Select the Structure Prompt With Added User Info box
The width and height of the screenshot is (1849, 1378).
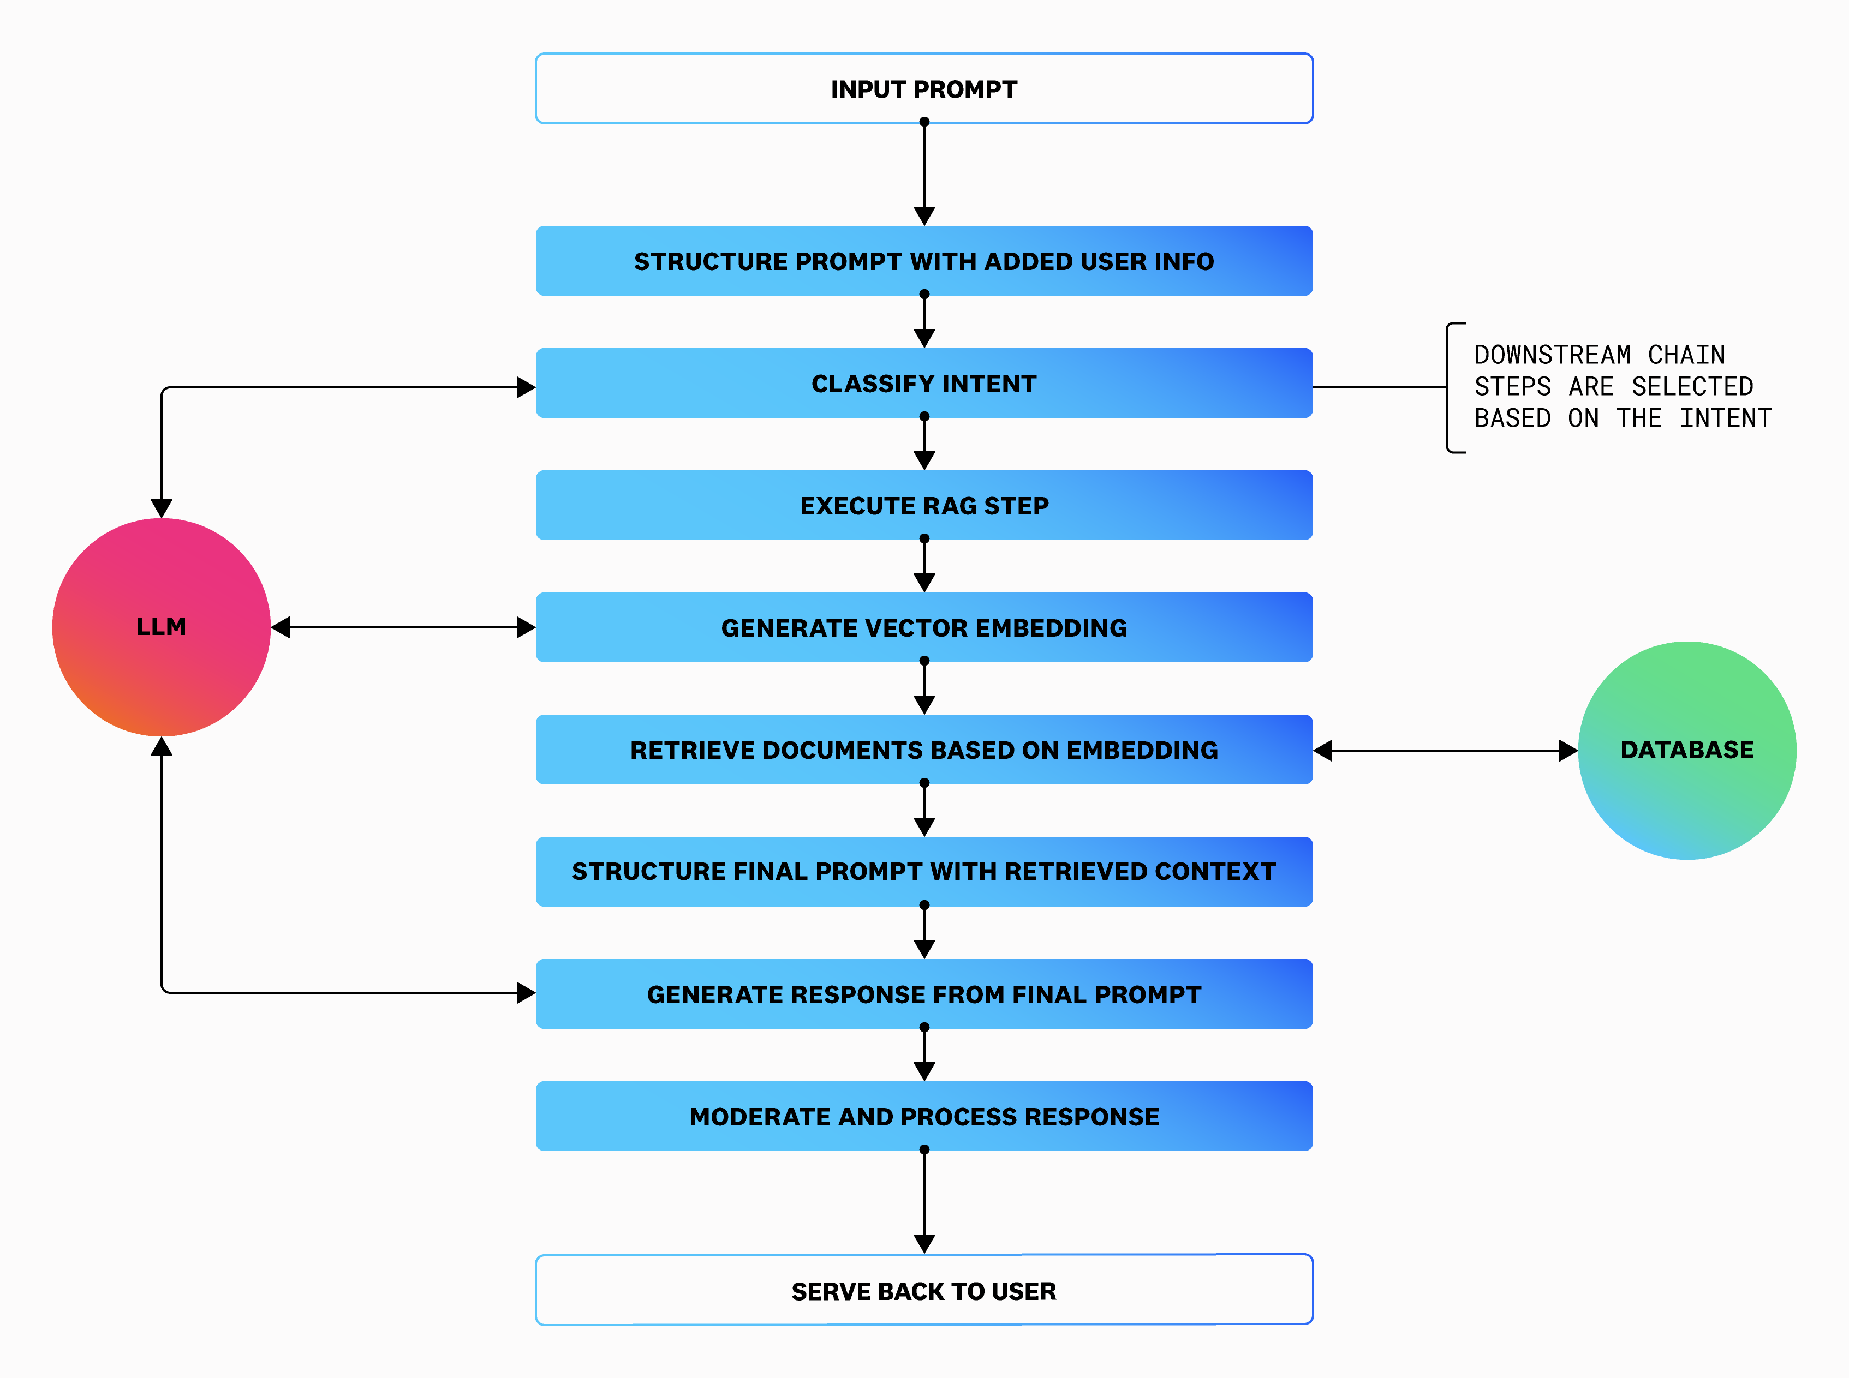tap(923, 261)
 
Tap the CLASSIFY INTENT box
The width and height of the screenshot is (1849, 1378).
tap(923, 384)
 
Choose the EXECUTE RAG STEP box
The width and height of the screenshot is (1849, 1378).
tap(923, 506)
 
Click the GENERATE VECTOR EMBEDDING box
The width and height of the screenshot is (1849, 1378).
tap(923, 627)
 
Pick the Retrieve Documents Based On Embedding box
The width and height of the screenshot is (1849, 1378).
tap(923, 750)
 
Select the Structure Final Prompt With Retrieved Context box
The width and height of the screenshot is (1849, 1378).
tap(923, 872)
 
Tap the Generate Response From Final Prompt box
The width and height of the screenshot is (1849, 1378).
tap(923, 994)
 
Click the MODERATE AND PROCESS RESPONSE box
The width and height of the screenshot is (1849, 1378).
tap(923, 1116)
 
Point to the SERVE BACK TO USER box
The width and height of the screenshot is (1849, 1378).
tap(923, 1290)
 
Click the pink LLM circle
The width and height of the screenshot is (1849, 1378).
tap(161, 626)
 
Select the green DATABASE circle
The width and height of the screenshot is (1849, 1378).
tap(1686, 750)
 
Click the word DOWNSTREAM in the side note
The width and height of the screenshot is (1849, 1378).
tap(1552, 355)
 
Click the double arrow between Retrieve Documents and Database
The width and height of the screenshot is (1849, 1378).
tap(1445, 751)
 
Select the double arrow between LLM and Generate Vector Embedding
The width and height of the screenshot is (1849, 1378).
tap(403, 627)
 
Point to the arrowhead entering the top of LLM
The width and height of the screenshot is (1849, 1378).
tap(161, 508)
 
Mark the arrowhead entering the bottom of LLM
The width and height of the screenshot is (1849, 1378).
tap(161, 747)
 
